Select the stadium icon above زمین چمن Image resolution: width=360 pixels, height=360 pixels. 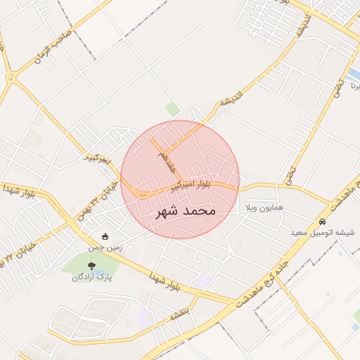pos(105,236)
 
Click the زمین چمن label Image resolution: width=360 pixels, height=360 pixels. pos(105,247)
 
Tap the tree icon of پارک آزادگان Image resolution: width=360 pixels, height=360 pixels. pos(91,265)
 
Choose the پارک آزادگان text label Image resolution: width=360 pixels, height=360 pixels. pos(92,277)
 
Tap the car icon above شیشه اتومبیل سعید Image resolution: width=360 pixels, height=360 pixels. pos(323,221)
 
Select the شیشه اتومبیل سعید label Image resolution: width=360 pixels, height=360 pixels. pos(323,232)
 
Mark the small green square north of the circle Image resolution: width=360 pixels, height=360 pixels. pos(172,109)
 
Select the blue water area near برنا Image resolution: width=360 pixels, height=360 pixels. pos(353,73)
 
